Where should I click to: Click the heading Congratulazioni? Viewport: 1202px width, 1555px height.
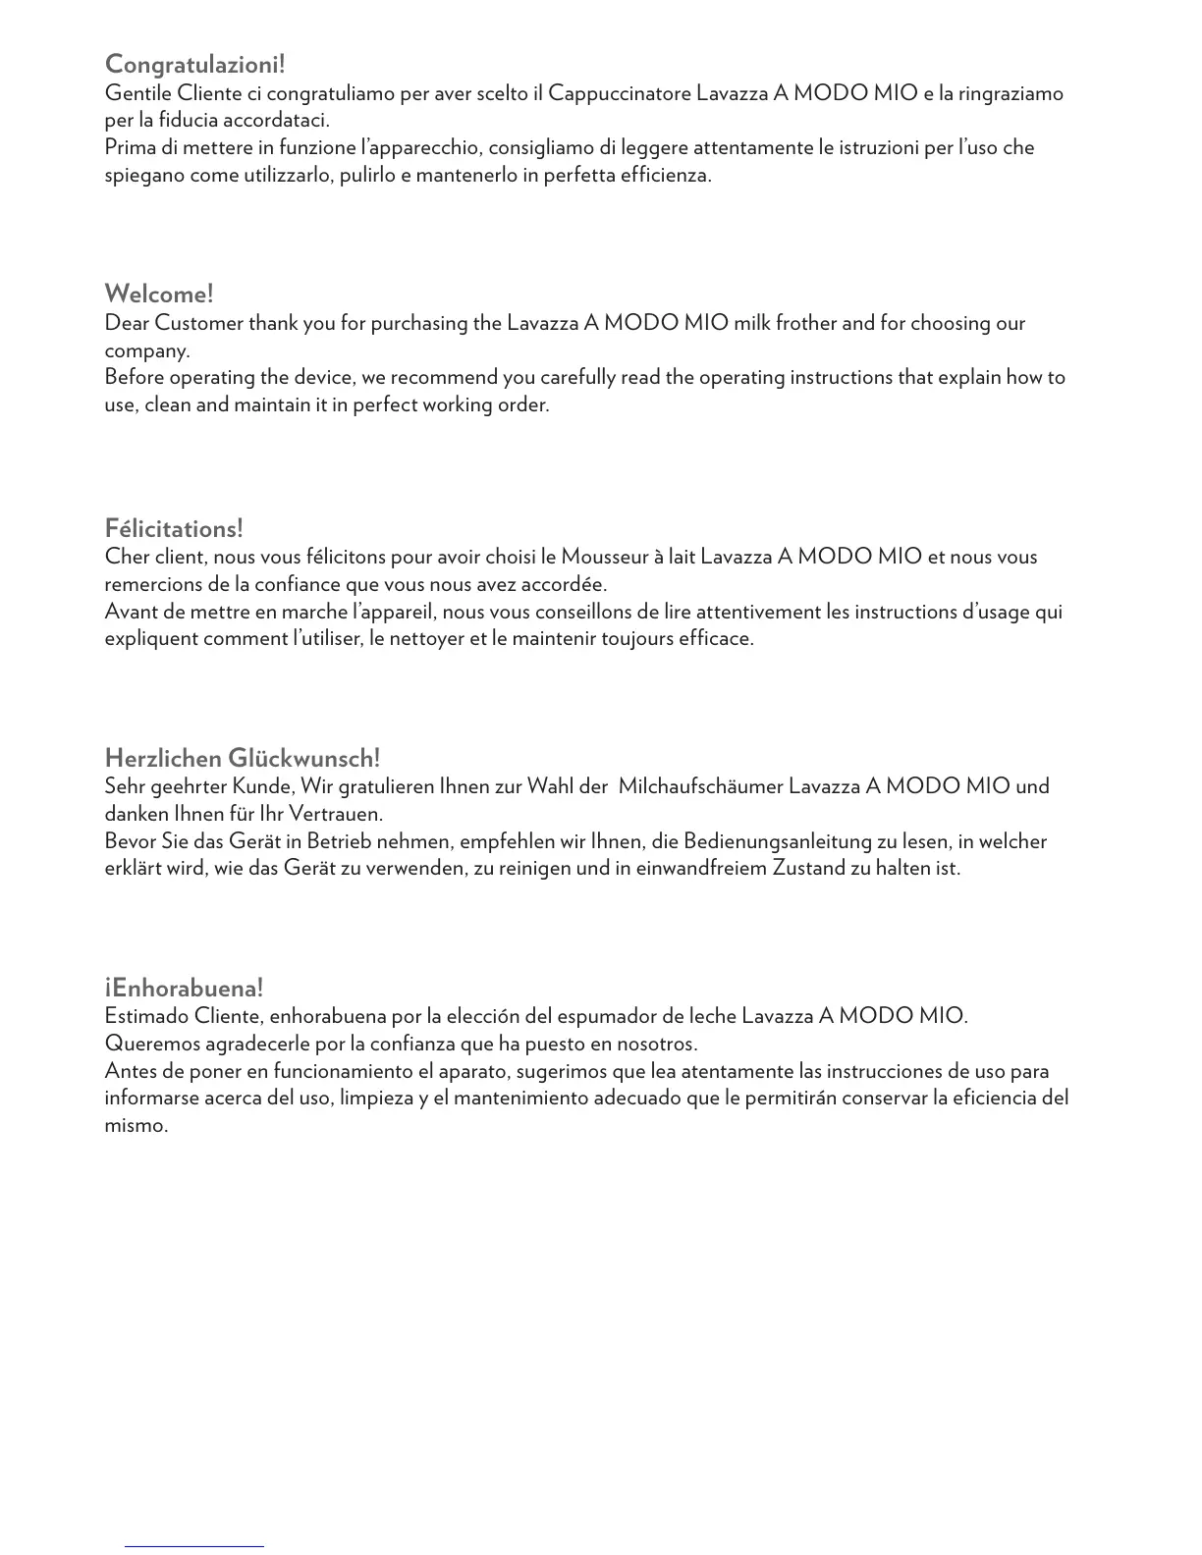pyautogui.click(x=194, y=65)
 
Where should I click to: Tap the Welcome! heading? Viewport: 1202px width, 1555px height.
pyautogui.click(x=159, y=294)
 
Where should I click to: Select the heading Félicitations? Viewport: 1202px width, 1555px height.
pyautogui.click(x=174, y=529)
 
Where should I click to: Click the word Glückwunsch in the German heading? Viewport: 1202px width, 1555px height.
pyautogui.click(x=303, y=759)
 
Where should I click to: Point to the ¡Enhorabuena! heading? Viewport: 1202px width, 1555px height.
pyautogui.click(x=184, y=988)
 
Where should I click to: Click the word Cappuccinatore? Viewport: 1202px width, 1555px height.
pyautogui.click(x=620, y=93)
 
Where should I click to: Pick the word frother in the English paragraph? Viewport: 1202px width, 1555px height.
pyautogui.click(x=805, y=323)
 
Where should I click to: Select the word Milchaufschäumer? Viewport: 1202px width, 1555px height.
pyautogui.click(x=701, y=786)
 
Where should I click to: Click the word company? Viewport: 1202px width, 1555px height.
pyautogui.click(x=146, y=351)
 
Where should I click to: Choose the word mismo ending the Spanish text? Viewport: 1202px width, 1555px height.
pyautogui.click(x=136, y=1126)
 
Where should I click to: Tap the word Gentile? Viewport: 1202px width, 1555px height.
pyautogui.click(x=138, y=93)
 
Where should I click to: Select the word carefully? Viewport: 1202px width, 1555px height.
pyautogui.click(x=577, y=377)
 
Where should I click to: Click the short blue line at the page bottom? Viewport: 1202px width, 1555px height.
pyautogui.click(x=193, y=1546)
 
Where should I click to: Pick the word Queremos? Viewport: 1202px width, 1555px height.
pyautogui.click(x=149, y=1044)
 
